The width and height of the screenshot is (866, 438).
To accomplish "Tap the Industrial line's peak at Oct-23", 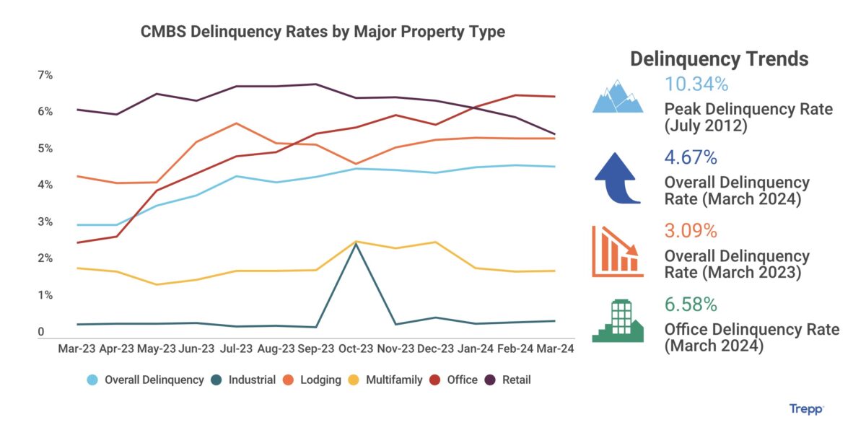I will [x=355, y=244].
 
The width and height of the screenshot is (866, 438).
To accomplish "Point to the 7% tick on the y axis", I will [x=45, y=75].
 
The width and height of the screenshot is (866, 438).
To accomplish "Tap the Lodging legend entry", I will [x=314, y=380].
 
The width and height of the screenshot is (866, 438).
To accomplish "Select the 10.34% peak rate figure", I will [x=696, y=85].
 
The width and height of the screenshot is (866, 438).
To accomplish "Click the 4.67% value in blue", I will [x=690, y=158].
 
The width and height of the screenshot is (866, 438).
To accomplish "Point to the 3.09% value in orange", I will [x=690, y=231].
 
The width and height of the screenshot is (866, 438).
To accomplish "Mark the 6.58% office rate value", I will [x=691, y=305].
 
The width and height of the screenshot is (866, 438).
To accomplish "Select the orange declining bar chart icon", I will [x=617, y=251].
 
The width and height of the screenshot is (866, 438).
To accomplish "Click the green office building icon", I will [x=618, y=322].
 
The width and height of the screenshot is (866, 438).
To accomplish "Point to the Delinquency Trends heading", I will [x=720, y=59].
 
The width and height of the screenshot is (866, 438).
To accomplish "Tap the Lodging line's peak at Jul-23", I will [x=236, y=123].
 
